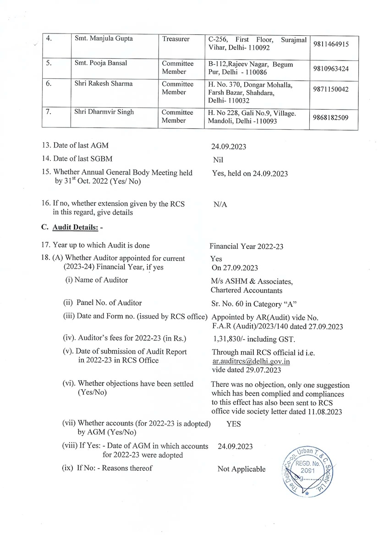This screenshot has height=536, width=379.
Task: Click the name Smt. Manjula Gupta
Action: pos(104,39)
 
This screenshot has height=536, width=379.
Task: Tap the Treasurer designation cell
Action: pos(176,39)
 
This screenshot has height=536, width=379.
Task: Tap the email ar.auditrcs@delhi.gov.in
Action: pos(251,361)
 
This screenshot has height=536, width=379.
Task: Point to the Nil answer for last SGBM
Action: pos(218,160)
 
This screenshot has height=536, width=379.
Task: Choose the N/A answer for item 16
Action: pos(220,204)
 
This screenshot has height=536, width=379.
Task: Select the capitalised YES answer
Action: pos(233,424)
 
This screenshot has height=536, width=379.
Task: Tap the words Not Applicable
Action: pos(241,469)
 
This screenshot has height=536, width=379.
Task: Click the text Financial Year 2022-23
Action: pos(247,246)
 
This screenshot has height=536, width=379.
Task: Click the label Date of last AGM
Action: pos(76,146)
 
